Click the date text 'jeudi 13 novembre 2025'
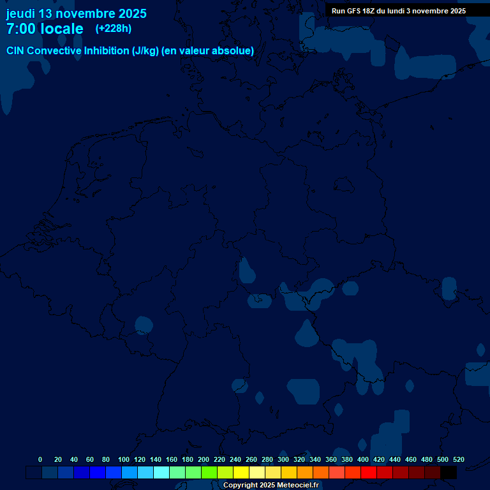click(76, 13)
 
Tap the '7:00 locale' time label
click(45, 29)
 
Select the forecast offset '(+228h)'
click(113, 29)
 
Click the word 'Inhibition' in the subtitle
click(107, 51)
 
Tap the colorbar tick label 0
click(40, 459)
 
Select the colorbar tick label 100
click(124, 459)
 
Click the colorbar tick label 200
click(204, 459)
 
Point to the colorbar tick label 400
click(363, 459)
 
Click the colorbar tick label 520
click(459, 459)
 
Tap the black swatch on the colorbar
click(449, 473)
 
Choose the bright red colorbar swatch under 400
click(369, 473)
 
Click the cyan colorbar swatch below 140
click(161, 473)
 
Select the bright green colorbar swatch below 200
click(209, 473)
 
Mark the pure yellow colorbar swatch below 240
click(241, 473)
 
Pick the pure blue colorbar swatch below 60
click(98, 473)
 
